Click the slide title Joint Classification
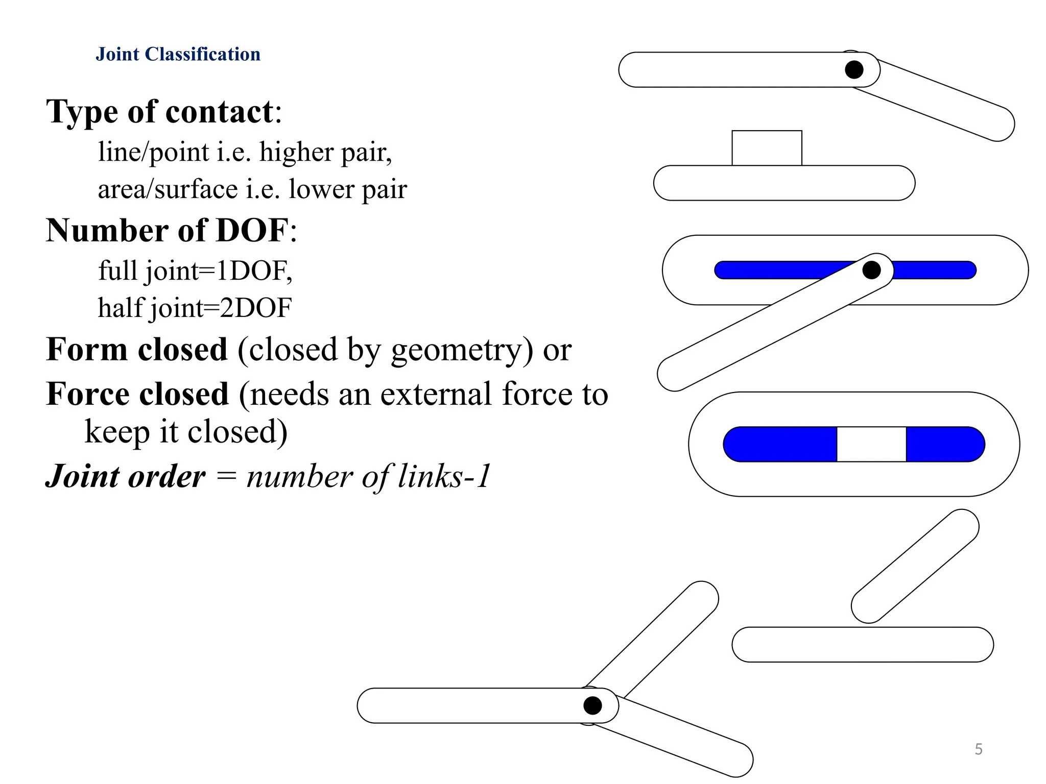coord(178,54)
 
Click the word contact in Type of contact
coord(220,112)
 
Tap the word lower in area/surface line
coord(321,189)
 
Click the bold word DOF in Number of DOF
coord(252,230)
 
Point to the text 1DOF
coord(253,271)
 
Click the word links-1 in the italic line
coord(444,476)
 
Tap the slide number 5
coord(979,749)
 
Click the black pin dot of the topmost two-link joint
coord(854,69)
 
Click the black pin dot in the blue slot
coord(871,270)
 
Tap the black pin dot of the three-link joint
coord(592,705)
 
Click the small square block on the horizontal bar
coord(767,148)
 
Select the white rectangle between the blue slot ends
coord(871,444)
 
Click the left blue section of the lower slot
coord(780,444)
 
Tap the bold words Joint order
coord(126,476)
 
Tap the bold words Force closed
coord(137,395)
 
